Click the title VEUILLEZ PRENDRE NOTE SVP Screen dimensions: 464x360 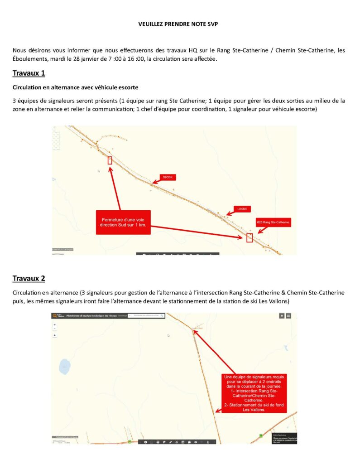click(178, 24)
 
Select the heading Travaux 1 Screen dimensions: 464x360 click(29, 73)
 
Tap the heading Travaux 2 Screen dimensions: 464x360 click(29, 278)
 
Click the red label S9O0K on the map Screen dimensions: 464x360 click(167, 177)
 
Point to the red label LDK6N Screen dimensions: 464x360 click(240, 209)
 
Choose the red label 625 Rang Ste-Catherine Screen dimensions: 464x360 click(273, 222)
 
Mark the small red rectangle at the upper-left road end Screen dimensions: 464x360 click(110, 160)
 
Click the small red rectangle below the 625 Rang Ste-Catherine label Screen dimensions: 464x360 click(249, 237)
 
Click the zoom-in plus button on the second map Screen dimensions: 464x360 click(55, 324)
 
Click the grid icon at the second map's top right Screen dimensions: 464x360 click(288, 315)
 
